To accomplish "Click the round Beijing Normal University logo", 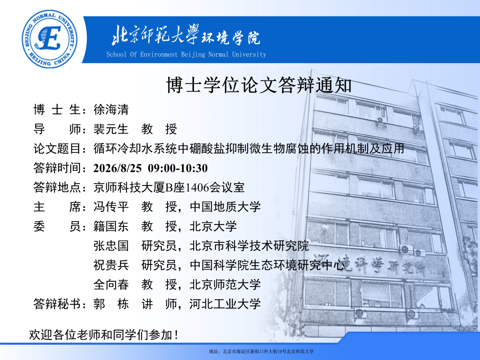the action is [50, 39].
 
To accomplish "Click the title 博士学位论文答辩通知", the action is [259, 85].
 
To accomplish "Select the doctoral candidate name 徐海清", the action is [111, 109].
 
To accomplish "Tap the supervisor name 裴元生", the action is [111, 129].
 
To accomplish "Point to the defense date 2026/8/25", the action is [118, 168].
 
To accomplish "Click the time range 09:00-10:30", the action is [178, 168].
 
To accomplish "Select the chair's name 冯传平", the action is [111, 207].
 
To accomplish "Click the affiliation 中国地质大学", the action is [225, 207].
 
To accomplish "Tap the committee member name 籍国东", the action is [111, 226].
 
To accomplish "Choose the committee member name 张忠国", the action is [111, 246].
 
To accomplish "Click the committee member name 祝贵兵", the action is [111, 265].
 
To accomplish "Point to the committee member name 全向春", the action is [111, 284].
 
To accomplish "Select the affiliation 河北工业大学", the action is [225, 304].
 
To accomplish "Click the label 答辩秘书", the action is [57, 304].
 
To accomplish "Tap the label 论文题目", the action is [57, 149].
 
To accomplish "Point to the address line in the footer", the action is [261, 352].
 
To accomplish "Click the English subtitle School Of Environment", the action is [142, 54].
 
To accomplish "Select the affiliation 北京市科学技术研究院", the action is [249, 246].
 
